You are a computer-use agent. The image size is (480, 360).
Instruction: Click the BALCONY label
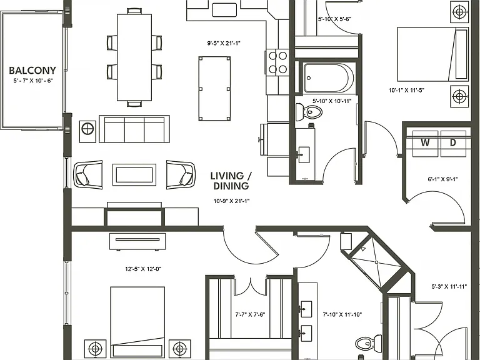pos(32,71)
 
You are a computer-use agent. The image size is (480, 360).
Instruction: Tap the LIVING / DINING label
pos(231,181)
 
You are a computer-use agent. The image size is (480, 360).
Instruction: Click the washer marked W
pos(426,143)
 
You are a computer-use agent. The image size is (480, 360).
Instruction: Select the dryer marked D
pos(454,143)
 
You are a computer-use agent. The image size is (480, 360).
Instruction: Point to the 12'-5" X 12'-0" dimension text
pos(143,269)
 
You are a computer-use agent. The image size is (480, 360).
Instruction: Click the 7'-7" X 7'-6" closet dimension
pos(250,314)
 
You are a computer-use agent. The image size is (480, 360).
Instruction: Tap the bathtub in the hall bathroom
pos(329,78)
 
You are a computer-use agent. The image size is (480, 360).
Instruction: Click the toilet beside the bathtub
pos(309,112)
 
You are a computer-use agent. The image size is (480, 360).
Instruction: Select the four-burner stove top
pos(277,62)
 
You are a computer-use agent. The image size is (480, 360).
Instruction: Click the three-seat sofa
pos(134,129)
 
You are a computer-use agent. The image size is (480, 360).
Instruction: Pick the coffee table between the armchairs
pos(134,175)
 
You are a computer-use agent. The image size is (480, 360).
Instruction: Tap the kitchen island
pos(214,89)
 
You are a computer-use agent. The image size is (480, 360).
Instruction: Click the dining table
pos(134,57)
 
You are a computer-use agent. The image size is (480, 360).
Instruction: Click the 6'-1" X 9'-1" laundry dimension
pos(442,179)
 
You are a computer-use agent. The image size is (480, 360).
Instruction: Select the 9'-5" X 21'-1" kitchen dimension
pos(224,44)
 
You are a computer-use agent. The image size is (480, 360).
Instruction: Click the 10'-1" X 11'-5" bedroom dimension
pos(406,90)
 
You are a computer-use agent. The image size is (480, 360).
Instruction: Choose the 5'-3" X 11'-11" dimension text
pos(449,287)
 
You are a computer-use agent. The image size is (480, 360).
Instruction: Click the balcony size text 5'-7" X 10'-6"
pos(33,81)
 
